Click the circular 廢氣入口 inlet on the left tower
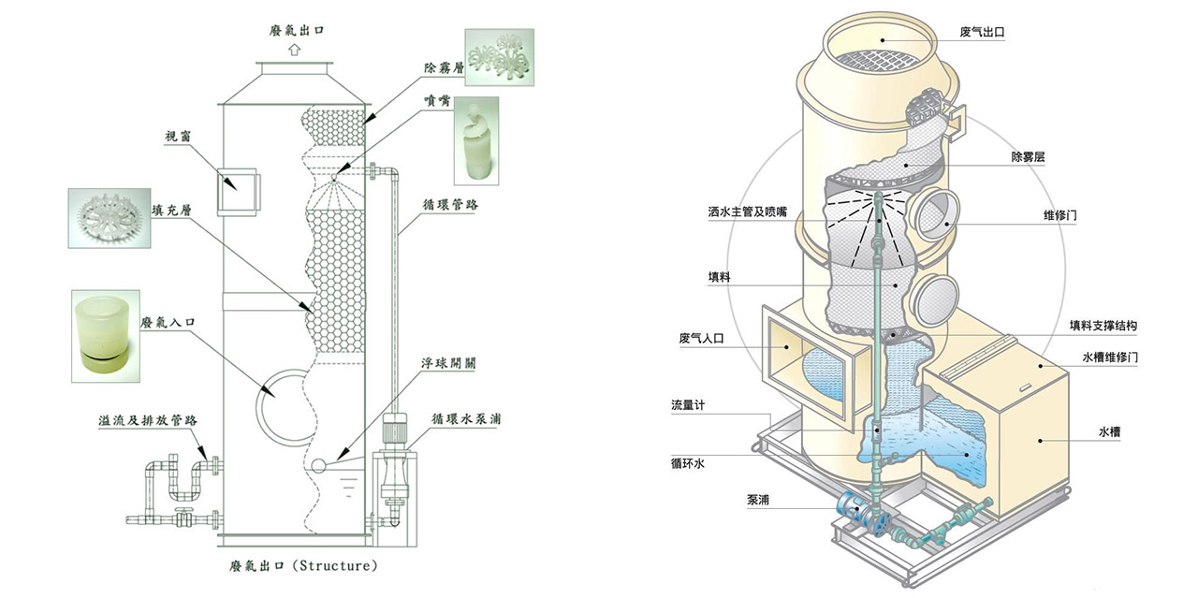coord(282,401)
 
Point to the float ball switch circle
coord(318,465)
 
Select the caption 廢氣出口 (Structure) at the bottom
coord(303,565)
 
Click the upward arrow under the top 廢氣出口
coord(294,50)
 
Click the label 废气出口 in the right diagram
coord(983,32)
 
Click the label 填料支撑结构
coord(1103,326)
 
